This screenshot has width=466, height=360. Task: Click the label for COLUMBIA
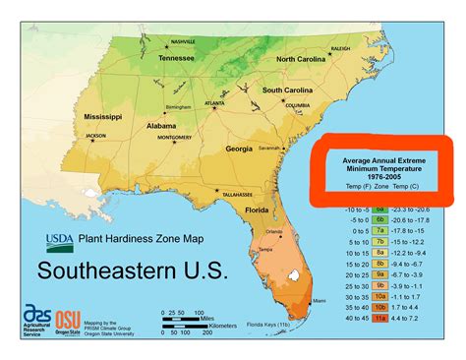point(297,106)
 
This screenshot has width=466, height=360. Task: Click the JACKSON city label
point(95,136)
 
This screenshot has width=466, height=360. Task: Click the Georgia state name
point(239,150)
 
